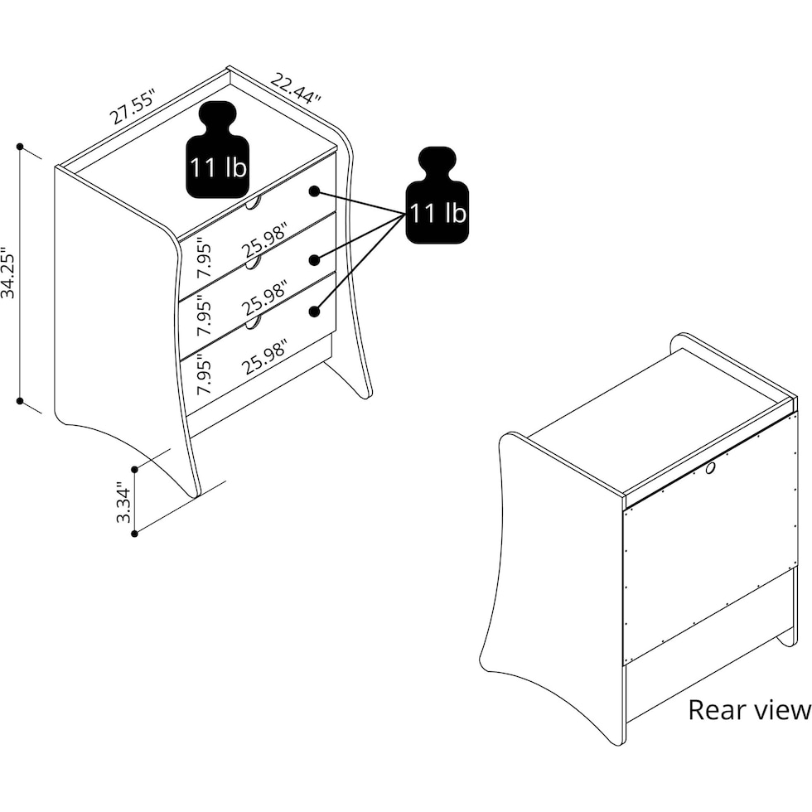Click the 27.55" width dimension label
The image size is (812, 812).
pyautogui.click(x=133, y=107)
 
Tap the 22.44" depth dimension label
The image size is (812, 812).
pyautogui.click(x=296, y=89)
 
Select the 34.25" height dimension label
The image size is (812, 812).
pyautogui.click(x=8, y=273)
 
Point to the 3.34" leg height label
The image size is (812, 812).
pyautogui.click(x=124, y=503)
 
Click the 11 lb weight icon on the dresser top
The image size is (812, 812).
pyautogui.click(x=217, y=150)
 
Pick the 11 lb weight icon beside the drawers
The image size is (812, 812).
pyautogui.click(x=437, y=195)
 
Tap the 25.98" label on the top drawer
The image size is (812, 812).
pyautogui.click(x=264, y=240)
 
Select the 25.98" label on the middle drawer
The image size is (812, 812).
pyautogui.click(x=264, y=299)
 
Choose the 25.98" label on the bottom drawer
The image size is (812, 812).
pyautogui.click(x=264, y=357)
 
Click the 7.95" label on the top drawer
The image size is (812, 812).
pyautogui.click(x=204, y=257)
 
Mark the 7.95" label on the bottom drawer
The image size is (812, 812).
pyautogui.click(x=204, y=374)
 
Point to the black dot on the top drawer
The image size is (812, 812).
pyautogui.click(x=314, y=191)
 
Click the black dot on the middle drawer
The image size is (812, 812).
pyautogui.click(x=314, y=259)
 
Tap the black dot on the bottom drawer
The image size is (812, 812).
pyautogui.click(x=314, y=312)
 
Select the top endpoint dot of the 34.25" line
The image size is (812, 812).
pyautogui.click(x=20, y=147)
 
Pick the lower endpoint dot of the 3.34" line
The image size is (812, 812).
pyautogui.click(x=134, y=534)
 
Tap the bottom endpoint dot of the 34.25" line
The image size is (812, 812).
pyautogui.click(x=20, y=401)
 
